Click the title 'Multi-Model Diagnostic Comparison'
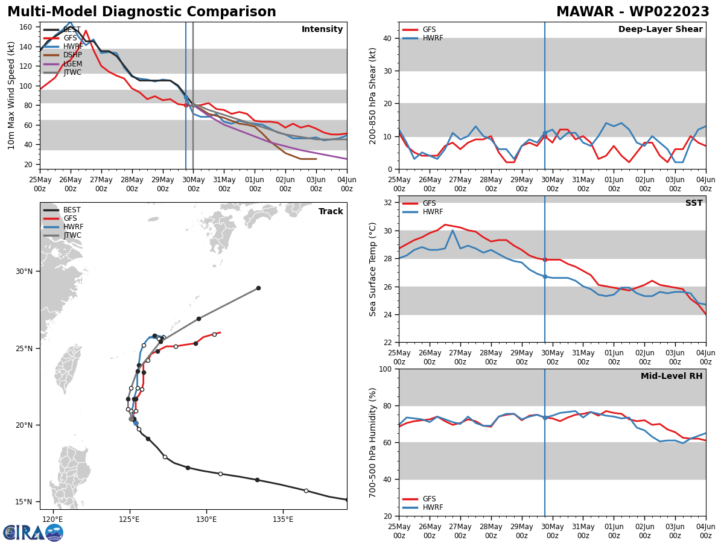142,12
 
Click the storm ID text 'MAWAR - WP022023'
632,12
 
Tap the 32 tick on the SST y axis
389,203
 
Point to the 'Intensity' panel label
322,30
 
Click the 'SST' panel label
694,203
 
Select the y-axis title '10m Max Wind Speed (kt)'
11,95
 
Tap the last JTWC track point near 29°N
258,288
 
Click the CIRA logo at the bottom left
33,532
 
